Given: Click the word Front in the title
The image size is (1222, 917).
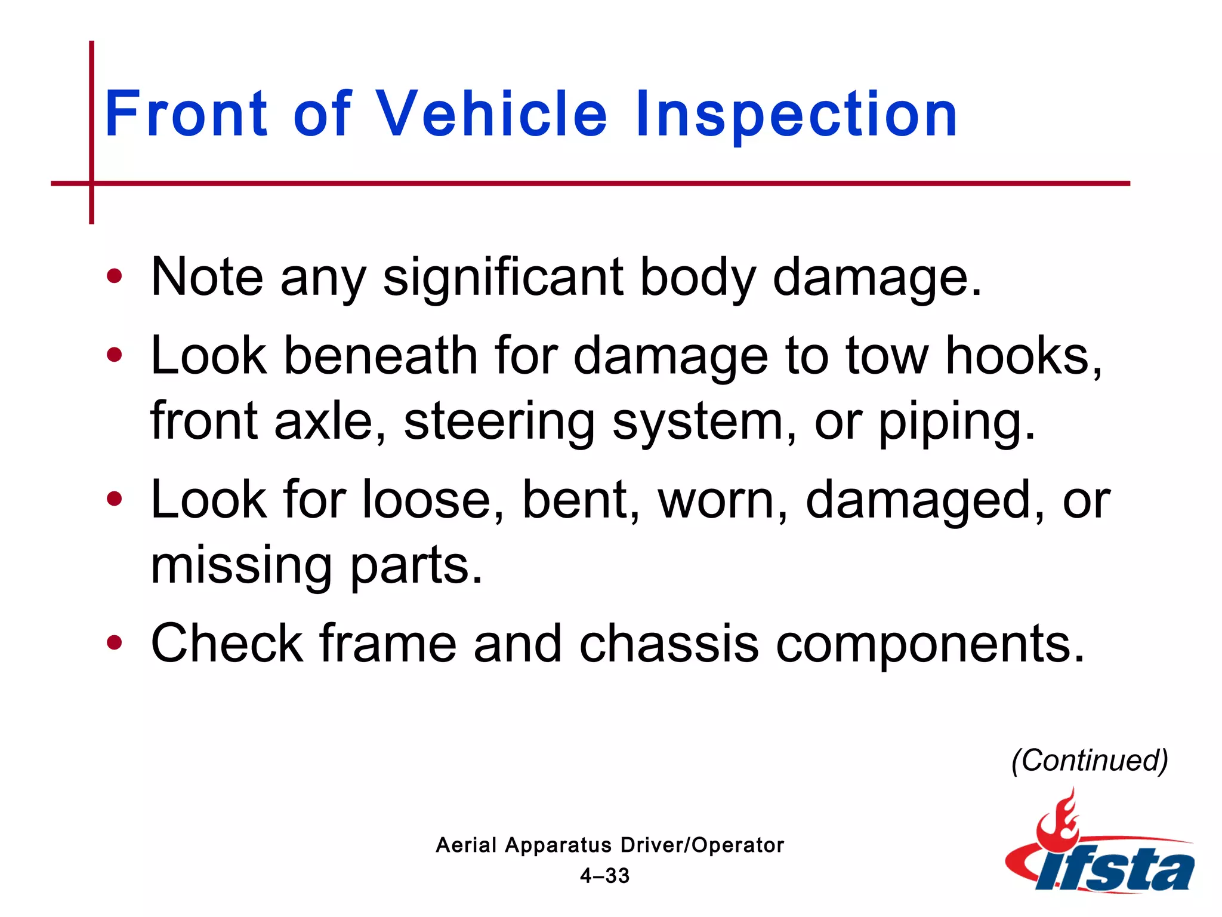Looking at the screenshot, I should point(186,113).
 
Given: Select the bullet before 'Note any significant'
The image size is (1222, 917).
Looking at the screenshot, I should point(114,276).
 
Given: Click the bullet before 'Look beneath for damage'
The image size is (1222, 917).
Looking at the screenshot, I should point(114,355).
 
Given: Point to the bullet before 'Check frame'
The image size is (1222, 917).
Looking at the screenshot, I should point(114,643).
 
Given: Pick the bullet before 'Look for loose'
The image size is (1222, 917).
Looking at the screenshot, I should point(114,499).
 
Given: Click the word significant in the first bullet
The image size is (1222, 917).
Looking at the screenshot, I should point(502,278).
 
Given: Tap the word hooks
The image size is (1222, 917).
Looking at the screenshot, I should point(1024,356).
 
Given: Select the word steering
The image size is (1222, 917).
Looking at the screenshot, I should point(499,421).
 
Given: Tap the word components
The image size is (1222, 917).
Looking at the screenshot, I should point(930,645).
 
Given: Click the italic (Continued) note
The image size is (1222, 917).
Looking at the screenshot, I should point(1090,761).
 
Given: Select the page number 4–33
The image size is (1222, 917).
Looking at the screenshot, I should point(604,876).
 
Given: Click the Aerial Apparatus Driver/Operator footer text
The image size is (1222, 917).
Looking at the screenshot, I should point(609,845).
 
